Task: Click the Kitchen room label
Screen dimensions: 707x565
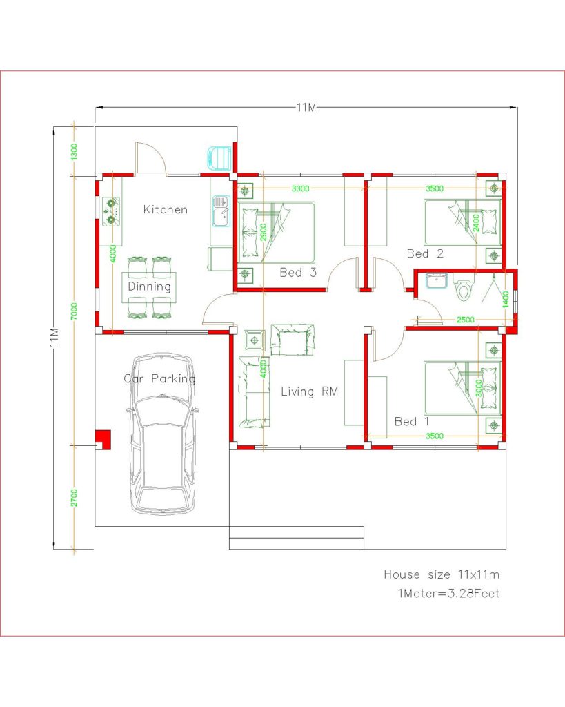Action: coord(165,209)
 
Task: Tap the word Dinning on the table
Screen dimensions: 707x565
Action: coord(149,287)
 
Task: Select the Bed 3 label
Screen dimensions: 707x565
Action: coord(298,273)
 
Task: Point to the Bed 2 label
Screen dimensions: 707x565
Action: coord(425,253)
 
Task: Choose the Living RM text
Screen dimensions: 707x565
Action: coord(310,391)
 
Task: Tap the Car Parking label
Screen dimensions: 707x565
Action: coord(159,378)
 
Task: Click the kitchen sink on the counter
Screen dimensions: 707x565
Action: coord(221,210)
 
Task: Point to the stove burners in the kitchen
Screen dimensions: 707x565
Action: coord(110,211)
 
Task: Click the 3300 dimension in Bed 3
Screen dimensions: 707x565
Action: coord(300,188)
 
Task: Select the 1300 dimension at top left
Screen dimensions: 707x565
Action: coord(73,151)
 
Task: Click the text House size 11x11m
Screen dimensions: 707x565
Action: coord(442,574)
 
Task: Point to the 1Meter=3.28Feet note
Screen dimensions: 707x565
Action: coord(448,593)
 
